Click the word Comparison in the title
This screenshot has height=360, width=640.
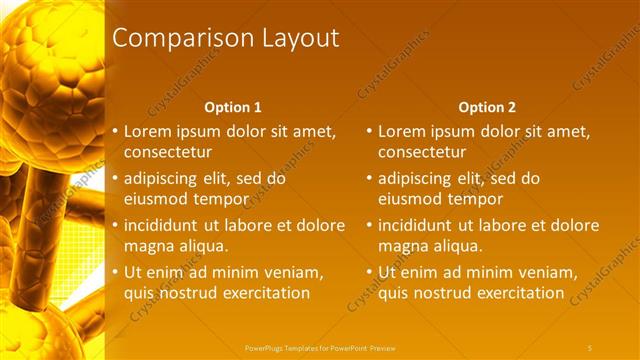coord(171,39)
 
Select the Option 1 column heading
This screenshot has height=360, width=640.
coord(233,107)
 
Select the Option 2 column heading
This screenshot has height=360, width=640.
coord(487,107)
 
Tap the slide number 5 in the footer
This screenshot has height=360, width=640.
coord(590,347)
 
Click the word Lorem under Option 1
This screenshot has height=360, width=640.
coord(148,131)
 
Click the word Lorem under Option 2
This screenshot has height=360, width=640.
coord(402,131)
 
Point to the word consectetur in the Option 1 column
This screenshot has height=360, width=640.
coord(168,152)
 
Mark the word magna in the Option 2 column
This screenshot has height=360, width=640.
coord(403,246)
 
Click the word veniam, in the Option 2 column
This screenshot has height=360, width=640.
coord(548,273)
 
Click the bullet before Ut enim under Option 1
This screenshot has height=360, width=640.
coord(115,273)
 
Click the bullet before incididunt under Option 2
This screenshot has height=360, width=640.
coord(369,226)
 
